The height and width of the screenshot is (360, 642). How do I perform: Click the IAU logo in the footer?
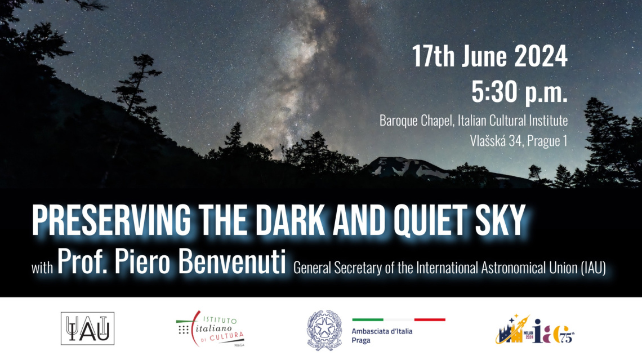point(88,328)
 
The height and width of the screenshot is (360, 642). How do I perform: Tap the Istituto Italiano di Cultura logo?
point(211,328)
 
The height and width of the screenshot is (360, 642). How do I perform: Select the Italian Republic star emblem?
point(324,330)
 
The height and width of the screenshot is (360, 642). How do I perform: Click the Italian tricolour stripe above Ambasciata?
point(398,319)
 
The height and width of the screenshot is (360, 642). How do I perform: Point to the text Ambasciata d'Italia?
point(382,331)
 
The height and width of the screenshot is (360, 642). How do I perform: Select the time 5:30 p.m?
point(519,92)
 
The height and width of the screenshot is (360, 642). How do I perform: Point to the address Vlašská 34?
point(494,140)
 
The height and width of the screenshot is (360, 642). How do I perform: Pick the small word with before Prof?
point(42,268)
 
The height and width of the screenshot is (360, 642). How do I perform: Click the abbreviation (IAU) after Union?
point(593,268)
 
